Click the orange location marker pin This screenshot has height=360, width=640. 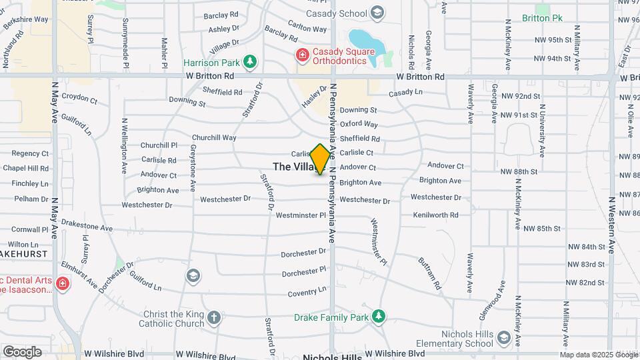pos(320,159)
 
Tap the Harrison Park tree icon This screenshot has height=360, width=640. pos(250,63)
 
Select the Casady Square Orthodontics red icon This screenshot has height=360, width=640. pos(303,55)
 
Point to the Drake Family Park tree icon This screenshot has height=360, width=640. pos(379,315)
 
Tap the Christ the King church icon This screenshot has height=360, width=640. pos(213,319)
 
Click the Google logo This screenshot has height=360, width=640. pos(22,352)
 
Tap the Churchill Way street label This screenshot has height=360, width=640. pos(215,137)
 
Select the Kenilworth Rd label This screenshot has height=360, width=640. pos(435,215)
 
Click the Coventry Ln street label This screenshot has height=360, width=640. pos(307,291)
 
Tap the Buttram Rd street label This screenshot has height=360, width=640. pos(429,273)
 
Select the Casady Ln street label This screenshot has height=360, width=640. pos(406,93)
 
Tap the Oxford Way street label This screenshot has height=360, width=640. pos(359,124)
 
